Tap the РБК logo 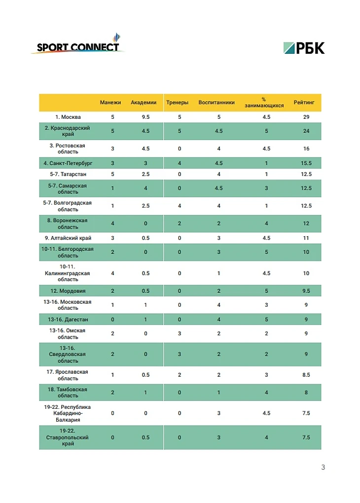[304, 48]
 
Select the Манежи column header [110, 103]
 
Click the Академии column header [144, 103]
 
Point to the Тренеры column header [177, 103]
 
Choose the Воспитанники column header [216, 103]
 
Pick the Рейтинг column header [307, 103]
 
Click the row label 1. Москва [68, 117]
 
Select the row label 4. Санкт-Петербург [68, 163]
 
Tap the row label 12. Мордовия [68, 291]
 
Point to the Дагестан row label [68, 320]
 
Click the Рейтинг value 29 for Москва [306, 117]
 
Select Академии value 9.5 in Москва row [145, 117]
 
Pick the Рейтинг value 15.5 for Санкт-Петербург [306, 163]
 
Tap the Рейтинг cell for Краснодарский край [306, 131]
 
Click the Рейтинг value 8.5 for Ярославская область [306, 375]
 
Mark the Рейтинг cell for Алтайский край [306, 238]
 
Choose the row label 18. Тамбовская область [68, 393]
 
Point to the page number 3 [323, 467]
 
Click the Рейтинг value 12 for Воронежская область [306, 223]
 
